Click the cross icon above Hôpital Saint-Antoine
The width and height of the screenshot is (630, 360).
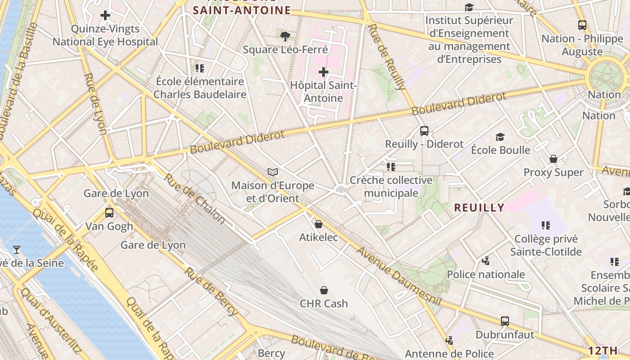(324, 72)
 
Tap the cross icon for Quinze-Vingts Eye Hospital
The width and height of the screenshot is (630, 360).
(105, 16)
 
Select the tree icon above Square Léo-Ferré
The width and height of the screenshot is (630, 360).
(285, 36)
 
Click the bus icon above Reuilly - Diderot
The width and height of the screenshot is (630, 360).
(424, 131)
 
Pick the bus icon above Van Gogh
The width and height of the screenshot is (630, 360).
(109, 213)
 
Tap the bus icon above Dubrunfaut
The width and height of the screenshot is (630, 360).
(505, 321)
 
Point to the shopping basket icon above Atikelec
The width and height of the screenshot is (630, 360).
(319, 224)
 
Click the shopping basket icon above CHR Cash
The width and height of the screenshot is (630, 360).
(324, 290)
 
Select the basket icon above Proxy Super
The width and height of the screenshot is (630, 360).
(553, 159)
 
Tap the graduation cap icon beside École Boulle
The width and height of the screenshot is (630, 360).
(500, 137)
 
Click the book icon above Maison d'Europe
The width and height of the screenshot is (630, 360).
(273, 172)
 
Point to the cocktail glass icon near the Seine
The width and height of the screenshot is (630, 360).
(17, 249)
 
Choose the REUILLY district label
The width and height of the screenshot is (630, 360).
(479, 207)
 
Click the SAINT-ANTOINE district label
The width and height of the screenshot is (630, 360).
(242, 10)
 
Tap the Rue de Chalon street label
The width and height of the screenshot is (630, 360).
(194, 198)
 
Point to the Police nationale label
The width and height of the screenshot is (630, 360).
(486, 274)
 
